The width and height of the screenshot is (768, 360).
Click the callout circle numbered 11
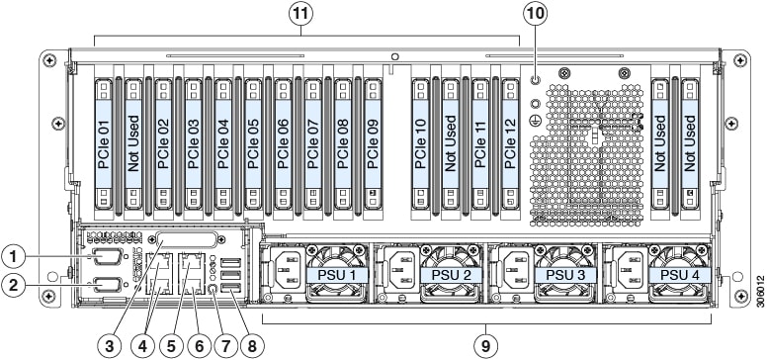pos(300,14)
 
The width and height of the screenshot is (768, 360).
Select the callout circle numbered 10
pos(536,14)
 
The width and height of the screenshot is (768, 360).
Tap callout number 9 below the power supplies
pos(486,346)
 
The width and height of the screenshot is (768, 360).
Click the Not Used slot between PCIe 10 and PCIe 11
pos(450,143)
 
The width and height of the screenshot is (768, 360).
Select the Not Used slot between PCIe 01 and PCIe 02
pos(133,143)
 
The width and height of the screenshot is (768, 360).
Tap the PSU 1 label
pos(336,274)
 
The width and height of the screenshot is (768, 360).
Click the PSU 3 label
pos(565,274)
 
